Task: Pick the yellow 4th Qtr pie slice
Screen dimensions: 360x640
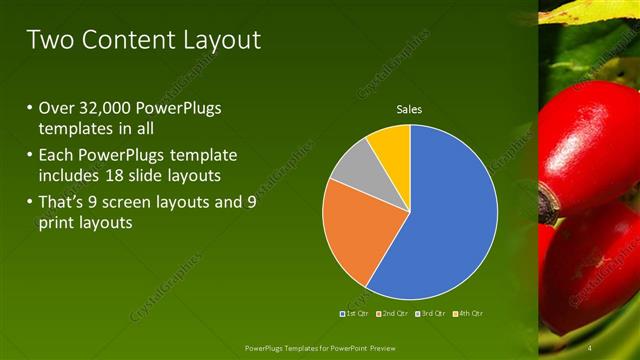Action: click(391, 145)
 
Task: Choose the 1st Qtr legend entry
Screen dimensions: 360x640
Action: click(355, 313)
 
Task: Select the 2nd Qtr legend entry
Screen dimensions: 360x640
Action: click(393, 313)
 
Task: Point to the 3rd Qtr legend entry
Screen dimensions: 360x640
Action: click(431, 313)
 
